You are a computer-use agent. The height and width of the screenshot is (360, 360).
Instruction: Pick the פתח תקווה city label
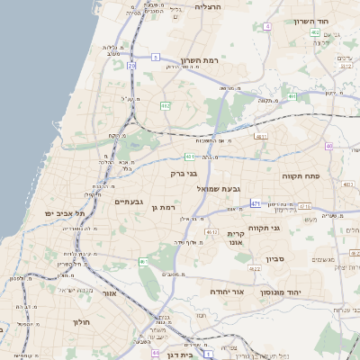(x=301, y=176)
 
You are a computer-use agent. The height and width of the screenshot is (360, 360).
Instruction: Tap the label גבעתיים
(x=130, y=202)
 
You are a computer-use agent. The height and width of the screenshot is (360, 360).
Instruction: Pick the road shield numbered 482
(x=165, y=106)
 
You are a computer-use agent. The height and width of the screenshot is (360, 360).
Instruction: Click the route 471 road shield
(x=256, y=203)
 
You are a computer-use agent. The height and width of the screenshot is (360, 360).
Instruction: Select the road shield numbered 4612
(x=212, y=232)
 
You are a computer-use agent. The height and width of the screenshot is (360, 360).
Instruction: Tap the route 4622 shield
(x=256, y=267)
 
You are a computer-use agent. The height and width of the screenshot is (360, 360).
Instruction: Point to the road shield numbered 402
(x=315, y=32)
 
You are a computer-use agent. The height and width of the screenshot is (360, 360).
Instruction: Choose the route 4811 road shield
(x=261, y=137)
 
